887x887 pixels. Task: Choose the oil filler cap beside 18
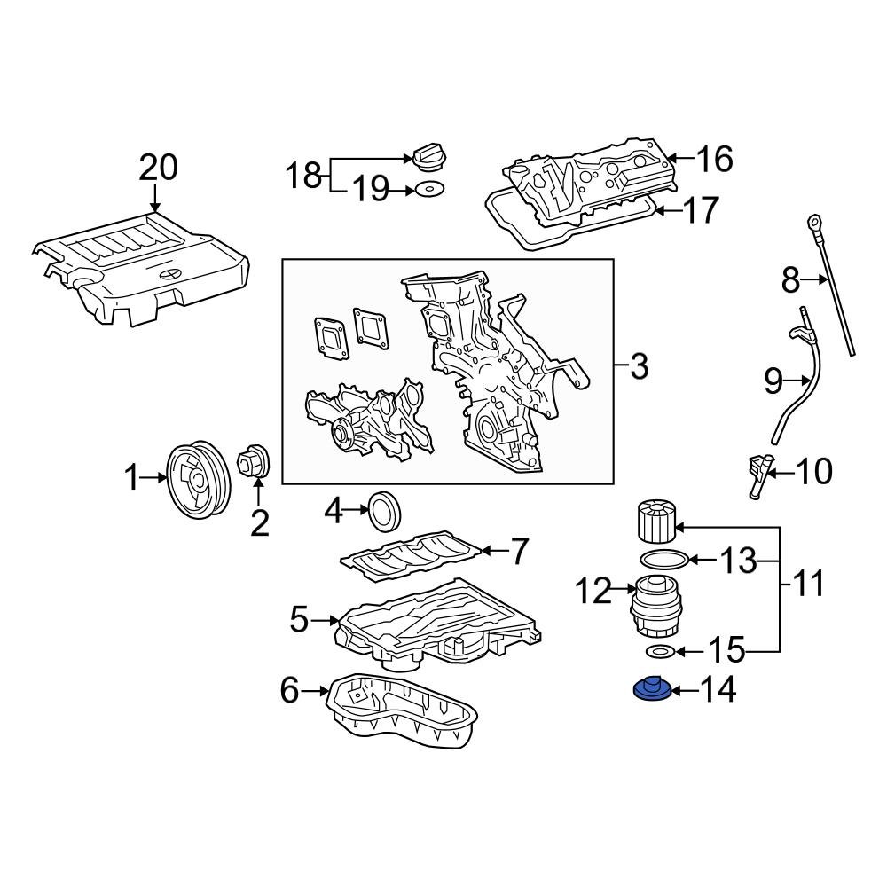(427, 160)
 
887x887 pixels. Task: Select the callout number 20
(157, 166)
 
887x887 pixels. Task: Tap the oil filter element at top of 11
(655, 523)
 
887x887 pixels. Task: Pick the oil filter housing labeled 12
(654, 606)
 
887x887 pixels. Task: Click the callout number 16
(714, 160)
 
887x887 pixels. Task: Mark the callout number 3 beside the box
(639, 365)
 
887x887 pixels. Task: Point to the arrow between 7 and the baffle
(495, 552)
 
